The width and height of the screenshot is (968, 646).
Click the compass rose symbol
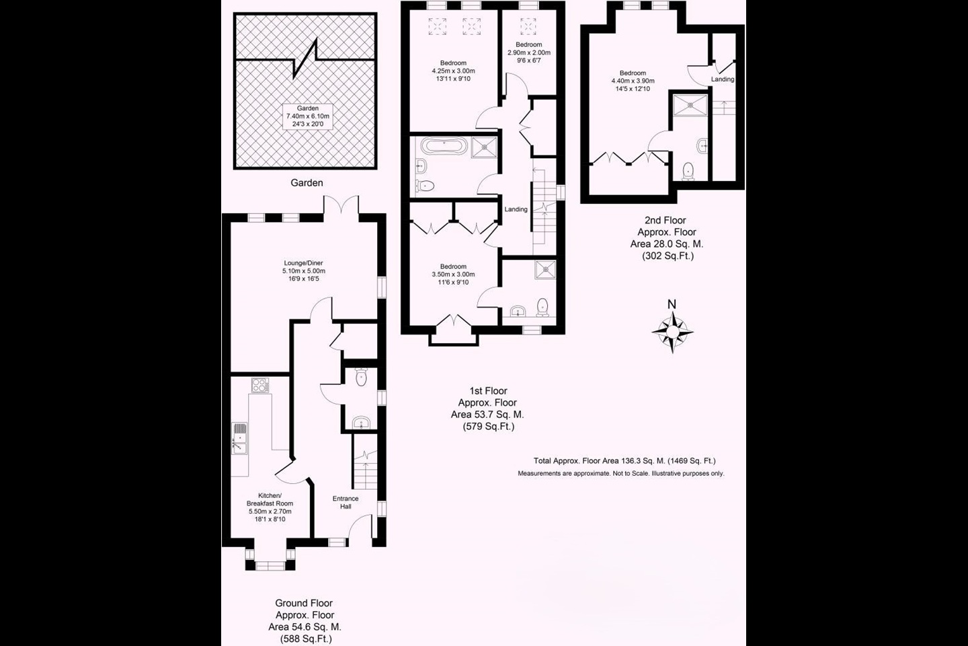coord(672,332)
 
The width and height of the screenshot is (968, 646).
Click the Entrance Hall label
coord(346,502)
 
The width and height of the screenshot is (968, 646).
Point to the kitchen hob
coord(259,386)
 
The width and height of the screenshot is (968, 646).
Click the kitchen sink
coord(240,437)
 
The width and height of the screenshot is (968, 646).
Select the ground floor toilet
coord(361,377)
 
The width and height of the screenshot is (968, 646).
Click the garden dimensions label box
coord(308,116)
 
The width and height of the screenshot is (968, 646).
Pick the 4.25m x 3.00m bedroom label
coord(453,71)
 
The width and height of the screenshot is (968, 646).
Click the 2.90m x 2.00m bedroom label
coord(528,52)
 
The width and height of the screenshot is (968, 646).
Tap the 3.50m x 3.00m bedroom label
coord(453,274)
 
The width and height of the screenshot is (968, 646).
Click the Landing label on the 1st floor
coord(516,209)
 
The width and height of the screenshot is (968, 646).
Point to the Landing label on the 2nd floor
coord(723,79)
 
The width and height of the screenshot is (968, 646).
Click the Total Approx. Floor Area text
coord(624,461)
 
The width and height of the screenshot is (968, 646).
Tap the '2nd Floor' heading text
coord(665,220)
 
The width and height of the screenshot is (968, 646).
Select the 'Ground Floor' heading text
coord(304,603)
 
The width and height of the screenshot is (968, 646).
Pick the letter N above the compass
coord(672,304)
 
